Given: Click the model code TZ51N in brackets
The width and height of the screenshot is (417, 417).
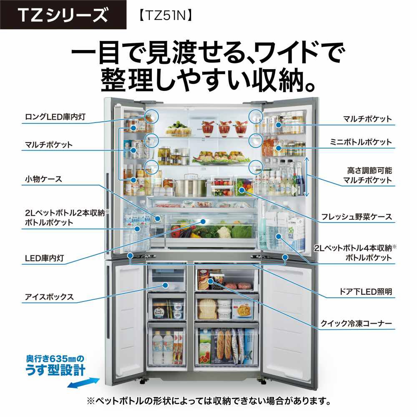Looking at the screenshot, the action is (165, 15).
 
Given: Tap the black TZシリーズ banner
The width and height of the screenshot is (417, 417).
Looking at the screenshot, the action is (63, 15).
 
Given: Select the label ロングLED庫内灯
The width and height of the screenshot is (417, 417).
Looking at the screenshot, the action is (55, 117).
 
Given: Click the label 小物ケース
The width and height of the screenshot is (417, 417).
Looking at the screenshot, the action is (43, 179).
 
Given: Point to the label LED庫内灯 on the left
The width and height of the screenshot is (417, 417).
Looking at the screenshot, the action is (45, 258).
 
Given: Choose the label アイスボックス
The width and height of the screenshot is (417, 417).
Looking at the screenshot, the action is (49, 297).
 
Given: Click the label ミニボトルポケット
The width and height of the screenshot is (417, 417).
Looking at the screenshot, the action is (361, 142).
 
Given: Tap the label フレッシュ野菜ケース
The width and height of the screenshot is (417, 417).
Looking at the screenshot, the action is (357, 217).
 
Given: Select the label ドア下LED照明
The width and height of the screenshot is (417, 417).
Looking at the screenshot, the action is (366, 292).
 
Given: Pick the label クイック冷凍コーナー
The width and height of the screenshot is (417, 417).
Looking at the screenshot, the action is (357, 324).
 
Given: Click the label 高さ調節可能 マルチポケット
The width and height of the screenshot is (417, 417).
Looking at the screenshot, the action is (367, 175).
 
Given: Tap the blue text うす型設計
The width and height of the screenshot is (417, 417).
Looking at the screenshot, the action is (55, 370).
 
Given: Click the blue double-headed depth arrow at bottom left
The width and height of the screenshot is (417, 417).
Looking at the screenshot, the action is (83, 383).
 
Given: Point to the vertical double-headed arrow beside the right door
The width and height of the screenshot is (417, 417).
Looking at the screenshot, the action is (306, 176).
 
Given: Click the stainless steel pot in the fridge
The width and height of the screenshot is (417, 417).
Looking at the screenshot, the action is (191, 186).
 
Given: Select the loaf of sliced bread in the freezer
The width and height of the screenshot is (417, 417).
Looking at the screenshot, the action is (207, 309).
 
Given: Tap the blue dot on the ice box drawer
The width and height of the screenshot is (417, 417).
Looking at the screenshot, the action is (165, 285).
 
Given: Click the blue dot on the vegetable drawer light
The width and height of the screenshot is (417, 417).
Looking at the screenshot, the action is (203, 221).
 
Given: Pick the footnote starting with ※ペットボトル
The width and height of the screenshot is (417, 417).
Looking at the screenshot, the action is (209, 401).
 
